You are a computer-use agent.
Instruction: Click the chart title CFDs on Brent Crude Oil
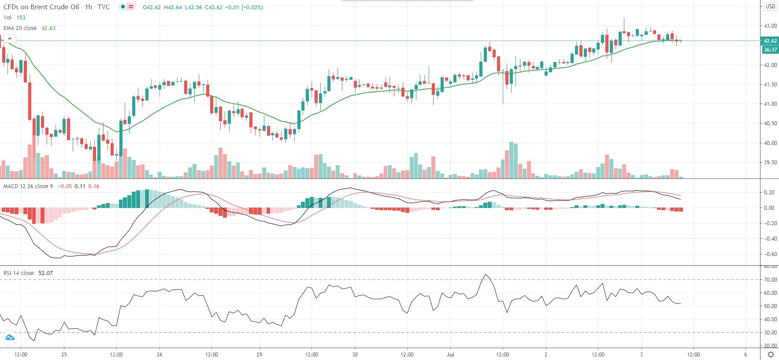point(41,7)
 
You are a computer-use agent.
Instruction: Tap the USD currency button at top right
point(770,6)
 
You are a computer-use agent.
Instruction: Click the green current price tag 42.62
point(770,41)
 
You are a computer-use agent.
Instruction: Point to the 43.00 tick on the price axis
point(770,26)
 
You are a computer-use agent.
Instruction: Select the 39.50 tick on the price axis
point(770,163)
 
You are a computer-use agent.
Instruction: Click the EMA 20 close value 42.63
point(48,28)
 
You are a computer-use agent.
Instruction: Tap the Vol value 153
point(21,18)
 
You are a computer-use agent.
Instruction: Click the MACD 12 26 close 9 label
point(28,186)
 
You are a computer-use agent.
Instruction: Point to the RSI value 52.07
point(45,273)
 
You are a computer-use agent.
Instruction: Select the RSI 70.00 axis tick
point(770,280)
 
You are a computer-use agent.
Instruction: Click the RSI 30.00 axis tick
point(770,333)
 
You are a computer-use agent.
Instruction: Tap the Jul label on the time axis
point(450,354)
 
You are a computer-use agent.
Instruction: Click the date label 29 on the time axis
point(259,354)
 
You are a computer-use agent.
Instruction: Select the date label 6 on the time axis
point(746,354)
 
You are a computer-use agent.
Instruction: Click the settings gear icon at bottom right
point(771,354)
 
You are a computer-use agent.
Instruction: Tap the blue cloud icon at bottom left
point(10,338)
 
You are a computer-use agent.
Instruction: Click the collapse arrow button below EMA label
point(10,39)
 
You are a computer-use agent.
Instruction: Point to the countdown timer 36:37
point(770,50)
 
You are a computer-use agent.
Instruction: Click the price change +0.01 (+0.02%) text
point(244,7)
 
